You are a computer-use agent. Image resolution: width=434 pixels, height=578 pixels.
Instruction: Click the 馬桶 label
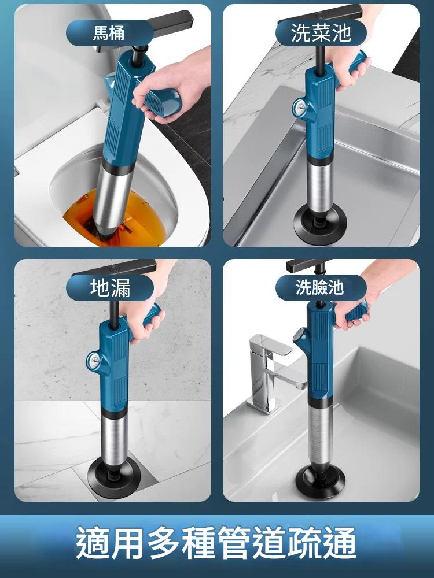[x=109, y=32]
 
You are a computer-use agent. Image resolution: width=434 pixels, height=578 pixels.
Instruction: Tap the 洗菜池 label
[x=321, y=32]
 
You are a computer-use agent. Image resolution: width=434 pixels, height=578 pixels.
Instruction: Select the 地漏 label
[x=110, y=288]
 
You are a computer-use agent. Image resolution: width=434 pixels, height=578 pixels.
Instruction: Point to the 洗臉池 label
[x=321, y=287]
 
